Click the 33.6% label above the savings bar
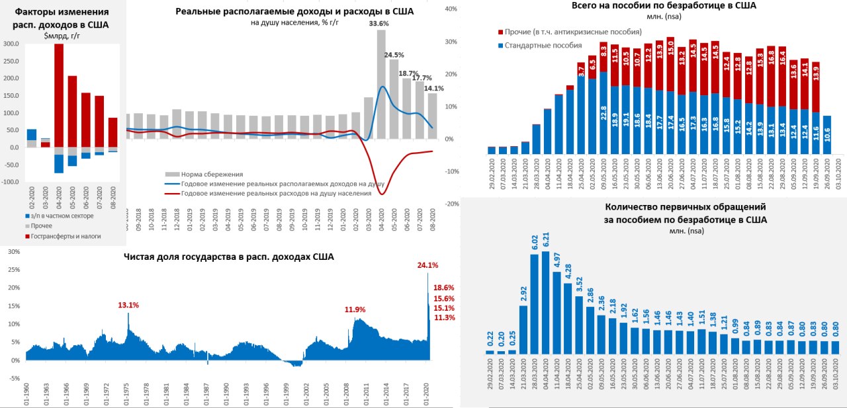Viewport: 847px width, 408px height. (x=379, y=23)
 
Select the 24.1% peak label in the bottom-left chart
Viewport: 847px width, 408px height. (x=427, y=266)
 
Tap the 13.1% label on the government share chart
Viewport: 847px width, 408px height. (x=128, y=305)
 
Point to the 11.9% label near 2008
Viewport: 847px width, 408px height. (x=355, y=309)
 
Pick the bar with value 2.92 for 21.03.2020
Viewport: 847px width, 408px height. (x=523, y=329)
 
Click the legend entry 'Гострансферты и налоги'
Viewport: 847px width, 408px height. (x=63, y=236)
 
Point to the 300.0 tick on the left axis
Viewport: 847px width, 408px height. (x=11, y=44)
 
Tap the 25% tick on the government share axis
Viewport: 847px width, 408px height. (x=14, y=270)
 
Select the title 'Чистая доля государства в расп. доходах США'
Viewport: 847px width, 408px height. (x=229, y=256)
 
